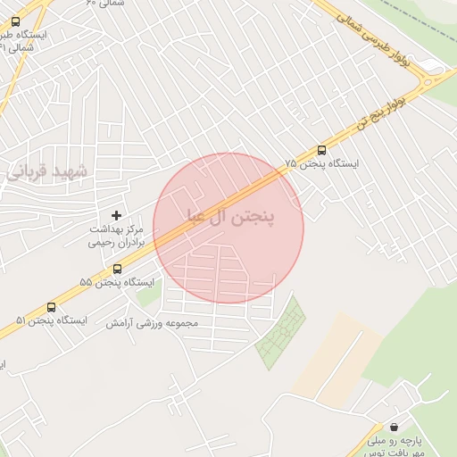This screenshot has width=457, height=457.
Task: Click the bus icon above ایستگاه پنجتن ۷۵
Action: coord(322,150)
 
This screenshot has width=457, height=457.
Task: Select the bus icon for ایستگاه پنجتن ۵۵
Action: coord(117,269)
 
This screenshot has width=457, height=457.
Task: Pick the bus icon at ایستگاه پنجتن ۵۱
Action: coord(51,307)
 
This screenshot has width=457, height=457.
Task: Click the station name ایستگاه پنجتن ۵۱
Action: coord(51,320)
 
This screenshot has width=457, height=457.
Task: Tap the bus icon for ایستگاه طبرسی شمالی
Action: coord(15,21)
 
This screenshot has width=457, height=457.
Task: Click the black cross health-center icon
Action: coord(116,215)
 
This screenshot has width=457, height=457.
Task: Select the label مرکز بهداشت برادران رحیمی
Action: coord(116,235)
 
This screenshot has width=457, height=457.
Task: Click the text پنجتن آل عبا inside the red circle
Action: coord(229,217)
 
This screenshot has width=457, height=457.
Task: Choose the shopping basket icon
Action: coord(394,427)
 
